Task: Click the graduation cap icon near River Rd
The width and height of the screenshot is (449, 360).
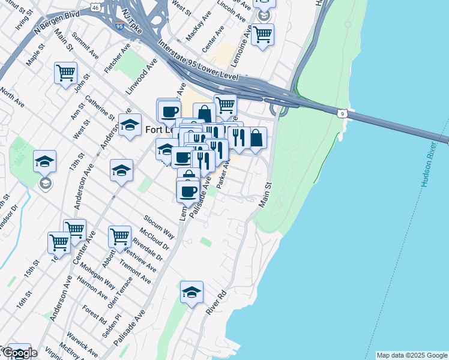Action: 192,292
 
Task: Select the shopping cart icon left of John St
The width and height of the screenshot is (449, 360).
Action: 65,73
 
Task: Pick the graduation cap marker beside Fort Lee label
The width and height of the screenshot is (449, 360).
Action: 130,125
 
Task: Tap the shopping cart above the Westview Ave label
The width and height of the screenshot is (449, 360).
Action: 120,237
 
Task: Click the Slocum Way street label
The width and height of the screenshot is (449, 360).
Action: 158,225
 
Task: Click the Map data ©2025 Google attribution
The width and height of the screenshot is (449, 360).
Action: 412,355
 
